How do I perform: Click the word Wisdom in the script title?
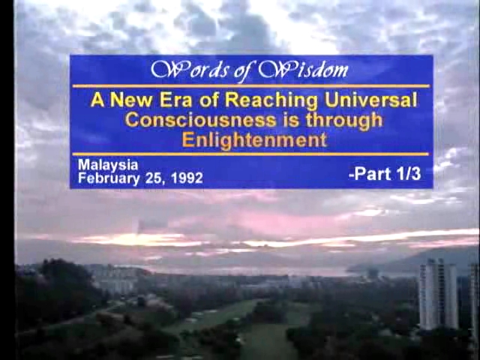[303, 70]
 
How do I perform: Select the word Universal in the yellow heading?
[370, 100]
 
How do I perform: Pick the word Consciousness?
[200, 120]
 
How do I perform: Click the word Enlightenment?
[254, 140]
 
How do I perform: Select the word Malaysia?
[108, 166]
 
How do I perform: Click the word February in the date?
[109, 178]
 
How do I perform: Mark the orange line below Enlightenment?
[250, 154]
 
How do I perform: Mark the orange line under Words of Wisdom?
[251, 86]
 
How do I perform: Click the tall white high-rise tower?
[438, 294]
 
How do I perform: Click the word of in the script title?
[243, 71]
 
